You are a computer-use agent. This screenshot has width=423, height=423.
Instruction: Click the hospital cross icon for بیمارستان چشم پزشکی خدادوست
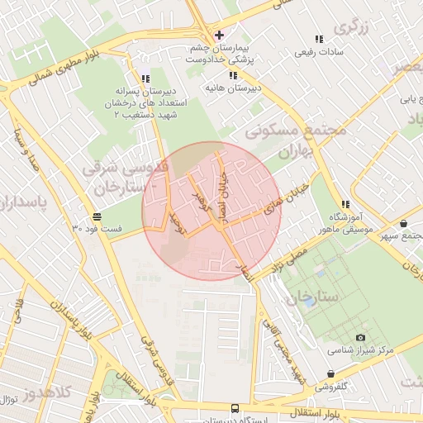(x=219, y=35)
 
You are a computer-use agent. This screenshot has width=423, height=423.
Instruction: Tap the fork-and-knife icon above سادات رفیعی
(x=318, y=39)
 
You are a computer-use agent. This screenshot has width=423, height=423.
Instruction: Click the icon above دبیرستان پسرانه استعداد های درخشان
(x=145, y=78)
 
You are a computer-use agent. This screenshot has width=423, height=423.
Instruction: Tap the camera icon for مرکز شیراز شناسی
(x=360, y=337)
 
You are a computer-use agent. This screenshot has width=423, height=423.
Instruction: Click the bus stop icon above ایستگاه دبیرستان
(x=235, y=408)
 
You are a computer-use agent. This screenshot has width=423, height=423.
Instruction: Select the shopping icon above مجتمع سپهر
(x=403, y=223)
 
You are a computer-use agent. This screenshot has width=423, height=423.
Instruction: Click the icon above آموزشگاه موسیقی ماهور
(x=345, y=204)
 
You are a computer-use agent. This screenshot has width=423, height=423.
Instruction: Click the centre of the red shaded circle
(x=212, y=211)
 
